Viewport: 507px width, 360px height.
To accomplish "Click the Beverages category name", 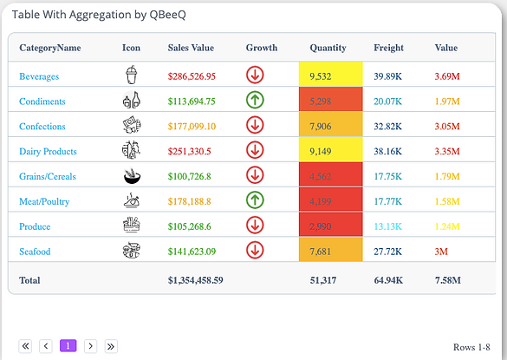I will point(39,76).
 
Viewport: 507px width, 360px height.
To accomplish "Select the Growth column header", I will point(261,48).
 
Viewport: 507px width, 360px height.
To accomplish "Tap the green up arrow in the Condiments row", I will point(255,101).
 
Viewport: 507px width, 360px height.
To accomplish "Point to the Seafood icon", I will point(131,252).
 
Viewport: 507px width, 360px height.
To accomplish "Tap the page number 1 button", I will point(68,346).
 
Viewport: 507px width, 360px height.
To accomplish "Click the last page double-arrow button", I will point(111,346).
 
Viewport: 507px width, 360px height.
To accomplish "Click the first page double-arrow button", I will point(25,346).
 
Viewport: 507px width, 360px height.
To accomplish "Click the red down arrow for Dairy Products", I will point(255,151).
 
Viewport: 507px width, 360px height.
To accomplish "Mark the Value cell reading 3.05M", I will point(447,127).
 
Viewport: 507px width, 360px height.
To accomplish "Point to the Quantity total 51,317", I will point(325,280).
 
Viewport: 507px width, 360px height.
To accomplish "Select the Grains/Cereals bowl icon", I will point(131,176).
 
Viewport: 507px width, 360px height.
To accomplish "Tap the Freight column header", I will point(388,48).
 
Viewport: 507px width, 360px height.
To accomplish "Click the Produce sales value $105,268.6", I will point(191,226).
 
